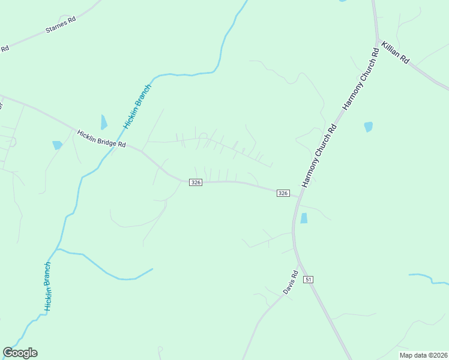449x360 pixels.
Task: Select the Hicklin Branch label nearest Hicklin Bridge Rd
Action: [137, 107]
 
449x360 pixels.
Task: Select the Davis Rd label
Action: [291, 282]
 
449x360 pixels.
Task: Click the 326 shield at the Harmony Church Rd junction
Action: [283, 193]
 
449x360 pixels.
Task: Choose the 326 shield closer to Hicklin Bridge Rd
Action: [195, 182]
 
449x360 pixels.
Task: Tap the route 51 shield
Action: [309, 280]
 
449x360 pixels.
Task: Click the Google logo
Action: [20, 353]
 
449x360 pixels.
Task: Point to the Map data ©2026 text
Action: [423, 355]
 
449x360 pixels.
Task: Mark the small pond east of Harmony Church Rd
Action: [368, 127]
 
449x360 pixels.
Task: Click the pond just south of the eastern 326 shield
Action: [304, 218]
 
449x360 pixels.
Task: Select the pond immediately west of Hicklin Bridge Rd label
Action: [57, 145]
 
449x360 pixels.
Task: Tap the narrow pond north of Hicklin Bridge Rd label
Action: [104, 122]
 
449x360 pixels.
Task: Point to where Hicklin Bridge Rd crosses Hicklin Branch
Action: [112, 150]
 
